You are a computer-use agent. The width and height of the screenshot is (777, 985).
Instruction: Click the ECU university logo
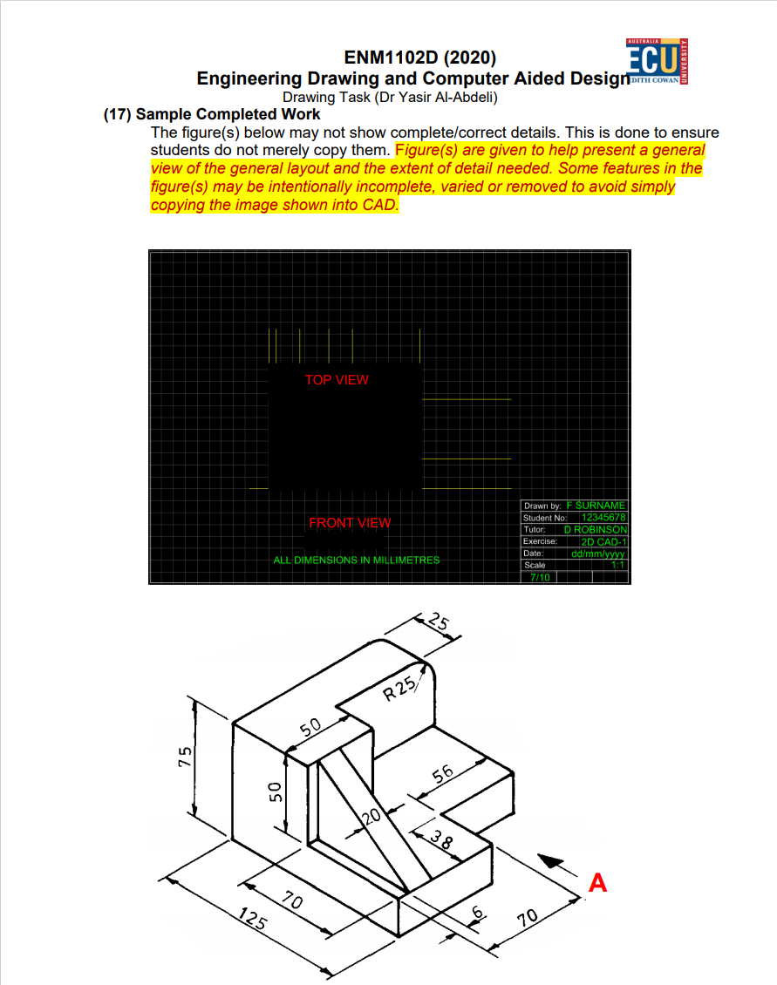(x=658, y=62)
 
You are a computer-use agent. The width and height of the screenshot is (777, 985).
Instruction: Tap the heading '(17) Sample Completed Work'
(x=212, y=114)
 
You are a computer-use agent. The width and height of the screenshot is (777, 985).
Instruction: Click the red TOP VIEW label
(x=337, y=380)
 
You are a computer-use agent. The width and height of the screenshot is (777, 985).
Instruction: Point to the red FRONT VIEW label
(x=350, y=523)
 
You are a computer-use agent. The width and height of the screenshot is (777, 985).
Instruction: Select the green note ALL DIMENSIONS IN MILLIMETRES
(x=357, y=560)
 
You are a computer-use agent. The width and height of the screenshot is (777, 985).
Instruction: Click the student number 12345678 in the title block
(x=603, y=518)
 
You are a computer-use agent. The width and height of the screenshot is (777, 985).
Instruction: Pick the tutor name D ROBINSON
(x=595, y=530)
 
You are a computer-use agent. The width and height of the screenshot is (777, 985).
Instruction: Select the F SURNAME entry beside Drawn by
(x=596, y=506)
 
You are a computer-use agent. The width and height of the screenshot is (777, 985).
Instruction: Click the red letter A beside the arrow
(x=597, y=883)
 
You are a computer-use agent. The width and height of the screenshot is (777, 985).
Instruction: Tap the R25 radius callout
(x=400, y=689)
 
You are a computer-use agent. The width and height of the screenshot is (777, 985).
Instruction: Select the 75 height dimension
(x=185, y=756)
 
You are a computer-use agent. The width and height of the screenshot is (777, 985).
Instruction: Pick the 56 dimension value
(x=443, y=774)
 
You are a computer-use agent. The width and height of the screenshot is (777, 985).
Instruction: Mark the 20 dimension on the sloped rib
(x=371, y=817)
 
